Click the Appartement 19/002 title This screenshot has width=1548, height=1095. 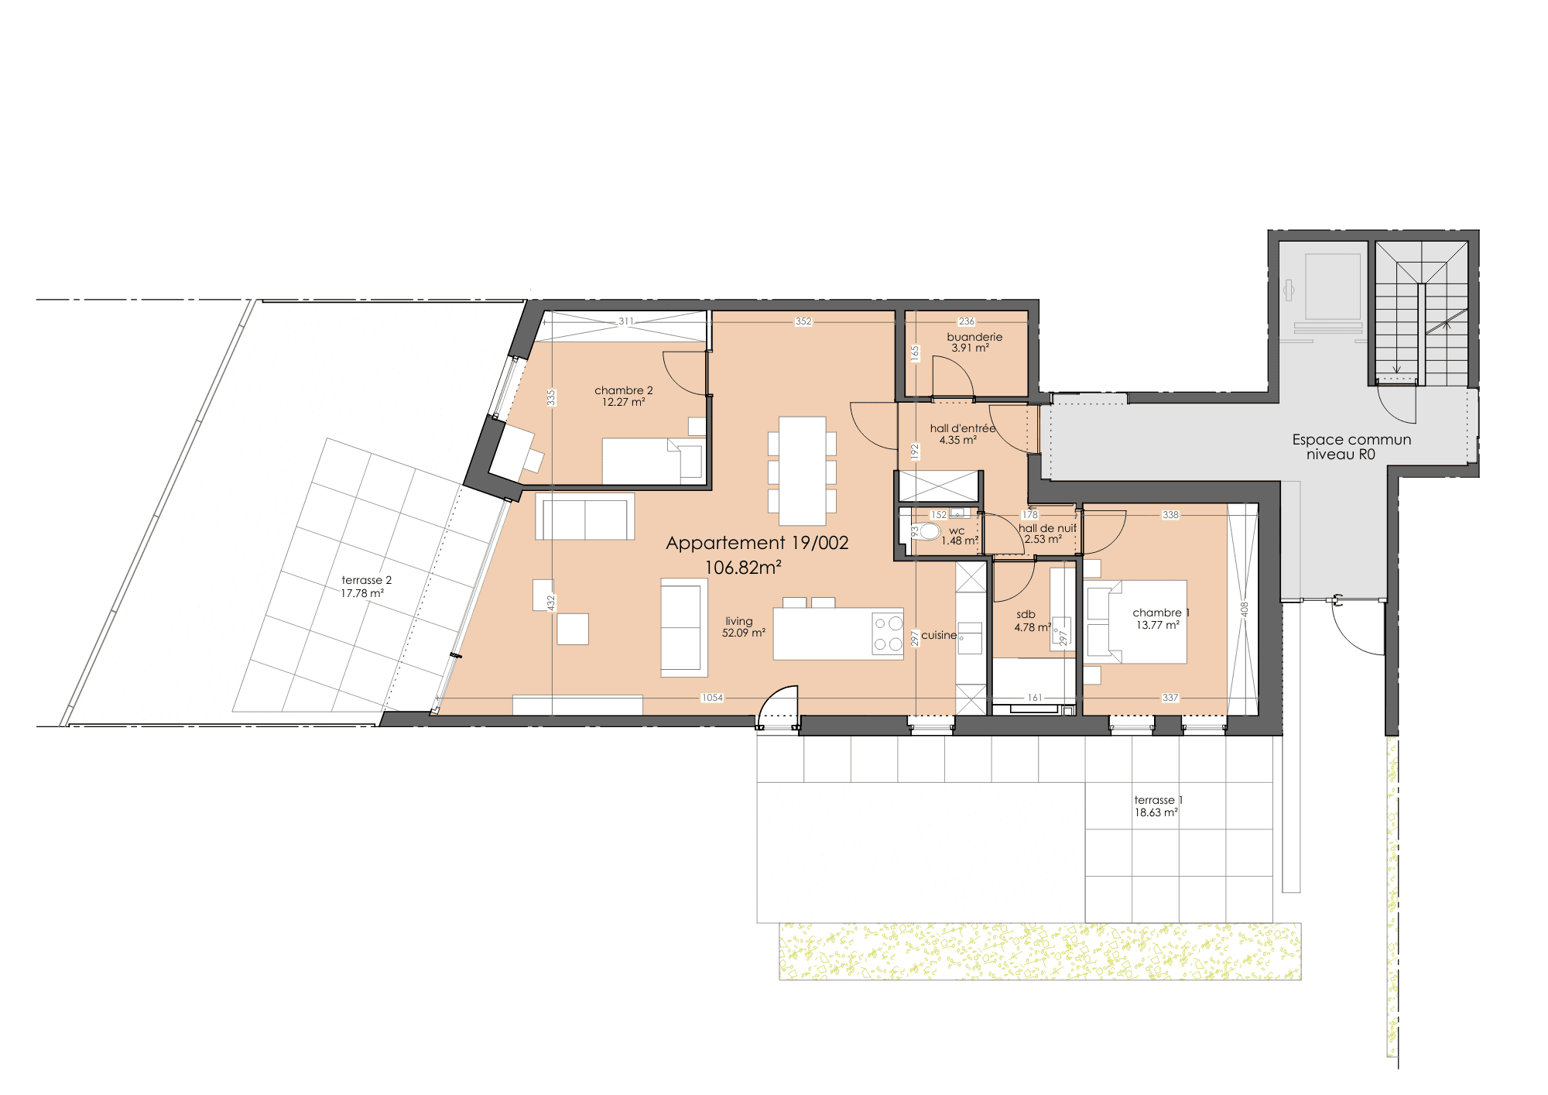757,543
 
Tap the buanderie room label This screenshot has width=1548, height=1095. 974,337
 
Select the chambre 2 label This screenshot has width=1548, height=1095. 624,390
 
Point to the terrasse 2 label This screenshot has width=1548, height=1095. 367,580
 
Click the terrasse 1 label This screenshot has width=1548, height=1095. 1159,800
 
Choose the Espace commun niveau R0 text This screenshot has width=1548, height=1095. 1351,447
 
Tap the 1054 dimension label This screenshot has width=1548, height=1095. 712,698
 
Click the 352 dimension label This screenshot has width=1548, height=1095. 803,321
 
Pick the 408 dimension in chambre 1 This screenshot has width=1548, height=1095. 1245,609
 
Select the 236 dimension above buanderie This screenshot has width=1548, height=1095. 967,321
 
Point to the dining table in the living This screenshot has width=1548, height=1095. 803,471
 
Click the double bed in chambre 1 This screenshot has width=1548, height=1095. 1136,622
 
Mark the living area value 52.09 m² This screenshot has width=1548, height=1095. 744,633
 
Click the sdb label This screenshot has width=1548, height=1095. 1026,614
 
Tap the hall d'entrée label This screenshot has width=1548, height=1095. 963,428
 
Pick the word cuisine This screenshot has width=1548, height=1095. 939,635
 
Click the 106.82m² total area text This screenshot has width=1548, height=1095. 743,568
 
